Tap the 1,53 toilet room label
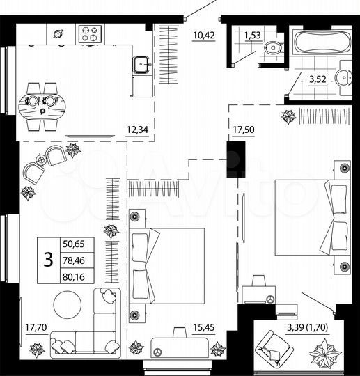[252, 33]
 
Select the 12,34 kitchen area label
[136, 128]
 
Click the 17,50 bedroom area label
[243, 129]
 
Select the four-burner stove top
[90, 32]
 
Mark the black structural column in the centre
[237, 159]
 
